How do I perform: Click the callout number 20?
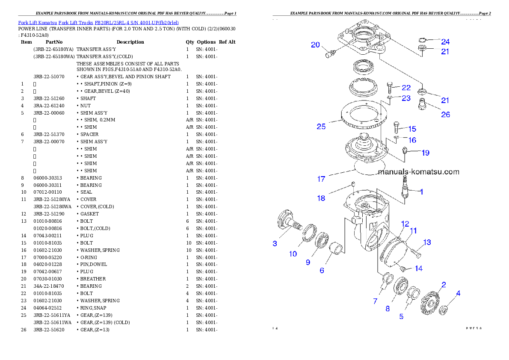click(315, 44)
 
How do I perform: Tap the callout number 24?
click(445, 42)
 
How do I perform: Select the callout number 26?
click(445, 115)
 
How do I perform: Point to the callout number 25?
click(321, 127)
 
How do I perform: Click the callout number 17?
click(321, 179)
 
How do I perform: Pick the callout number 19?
click(425, 153)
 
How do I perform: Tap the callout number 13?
click(427, 242)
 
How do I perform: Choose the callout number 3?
click(275, 244)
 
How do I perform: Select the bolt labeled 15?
click(397, 127)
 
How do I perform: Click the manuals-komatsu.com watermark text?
click(418, 172)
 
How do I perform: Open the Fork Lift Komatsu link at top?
click(98, 22)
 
